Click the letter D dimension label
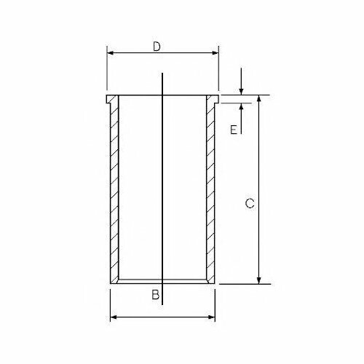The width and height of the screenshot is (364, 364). pos(157,47)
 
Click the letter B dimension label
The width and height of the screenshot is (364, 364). pos(155,295)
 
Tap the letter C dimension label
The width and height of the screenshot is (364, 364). pos(250,203)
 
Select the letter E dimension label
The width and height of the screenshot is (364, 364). pos(234,130)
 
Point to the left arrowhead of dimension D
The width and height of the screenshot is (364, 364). pos(111,53)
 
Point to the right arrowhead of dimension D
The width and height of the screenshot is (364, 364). pos(215,53)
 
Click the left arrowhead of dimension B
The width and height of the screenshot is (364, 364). pos(114,317)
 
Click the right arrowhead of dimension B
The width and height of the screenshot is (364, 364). pos(211,317)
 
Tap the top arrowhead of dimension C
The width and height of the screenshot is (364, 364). pos(259,98)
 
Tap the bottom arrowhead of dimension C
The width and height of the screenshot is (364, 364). pos(259,280)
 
